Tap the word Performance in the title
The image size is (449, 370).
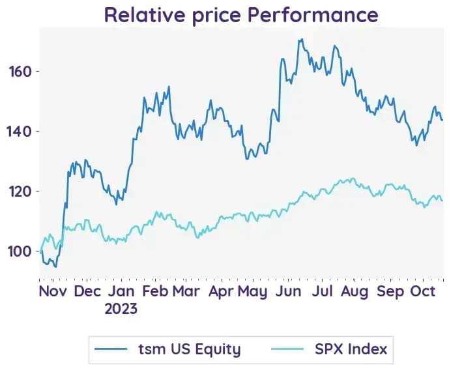click(x=313, y=15)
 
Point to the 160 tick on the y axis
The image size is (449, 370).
click(x=20, y=72)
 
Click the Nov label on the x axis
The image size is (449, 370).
click(x=53, y=291)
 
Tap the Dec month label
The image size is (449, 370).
click(x=87, y=291)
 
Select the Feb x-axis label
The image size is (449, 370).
click(x=155, y=291)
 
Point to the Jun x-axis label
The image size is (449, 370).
click(x=288, y=291)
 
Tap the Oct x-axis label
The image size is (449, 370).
click(x=423, y=291)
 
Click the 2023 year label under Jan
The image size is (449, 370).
click(x=121, y=309)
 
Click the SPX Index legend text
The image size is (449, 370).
click(x=351, y=349)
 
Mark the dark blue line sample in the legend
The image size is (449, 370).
click(x=111, y=349)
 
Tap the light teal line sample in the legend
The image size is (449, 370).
click(x=287, y=349)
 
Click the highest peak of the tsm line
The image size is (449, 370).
click(x=302, y=39)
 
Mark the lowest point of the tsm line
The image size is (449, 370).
click(x=56, y=267)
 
